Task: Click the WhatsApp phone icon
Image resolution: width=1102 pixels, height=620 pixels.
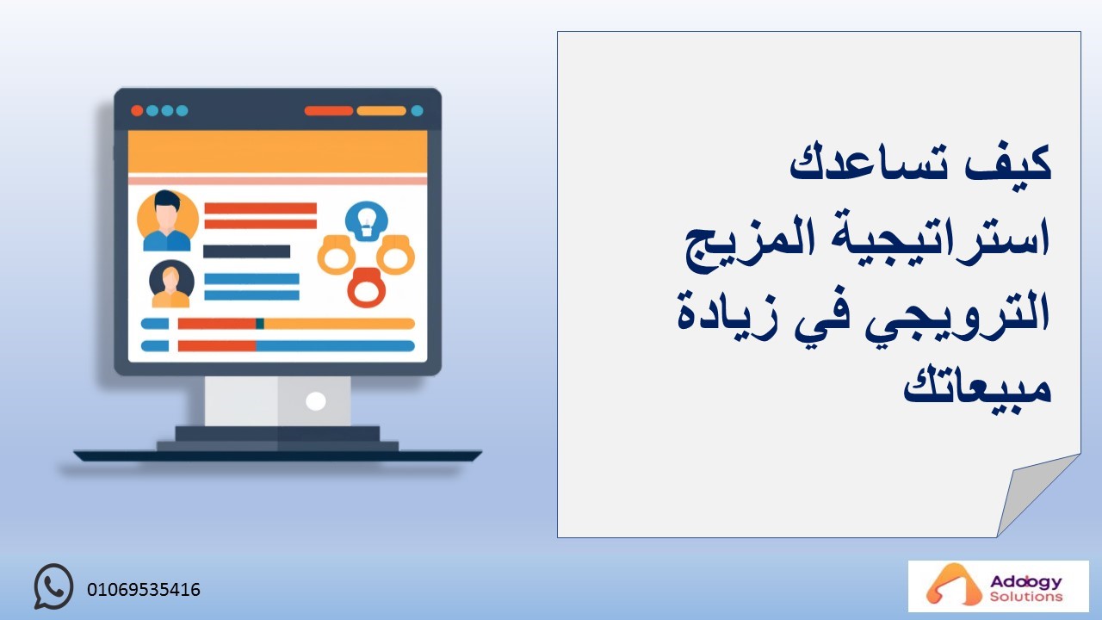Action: tap(53, 586)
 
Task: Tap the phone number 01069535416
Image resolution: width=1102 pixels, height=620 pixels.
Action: tap(144, 590)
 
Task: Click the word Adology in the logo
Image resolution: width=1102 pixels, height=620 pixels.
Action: tap(1026, 583)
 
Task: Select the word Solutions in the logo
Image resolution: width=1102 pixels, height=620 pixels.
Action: tap(1026, 597)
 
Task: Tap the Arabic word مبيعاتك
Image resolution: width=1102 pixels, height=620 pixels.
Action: tap(977, 387)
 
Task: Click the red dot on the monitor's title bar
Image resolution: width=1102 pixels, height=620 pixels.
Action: tap(137, 111)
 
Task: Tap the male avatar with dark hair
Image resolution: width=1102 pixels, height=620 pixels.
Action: tap(167, 220)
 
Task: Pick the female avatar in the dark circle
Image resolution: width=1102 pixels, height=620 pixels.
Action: tap(171, 283)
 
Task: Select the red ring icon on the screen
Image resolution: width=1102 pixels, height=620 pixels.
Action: tap(367, 288)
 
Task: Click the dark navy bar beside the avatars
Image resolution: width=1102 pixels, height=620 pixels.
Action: tap(246, 251)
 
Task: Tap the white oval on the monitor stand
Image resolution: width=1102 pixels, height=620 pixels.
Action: tap(316, 401)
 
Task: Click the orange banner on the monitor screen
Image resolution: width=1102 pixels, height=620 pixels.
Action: tap(277, 152)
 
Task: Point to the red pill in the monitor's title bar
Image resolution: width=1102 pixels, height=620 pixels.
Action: tap(329, 111)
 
